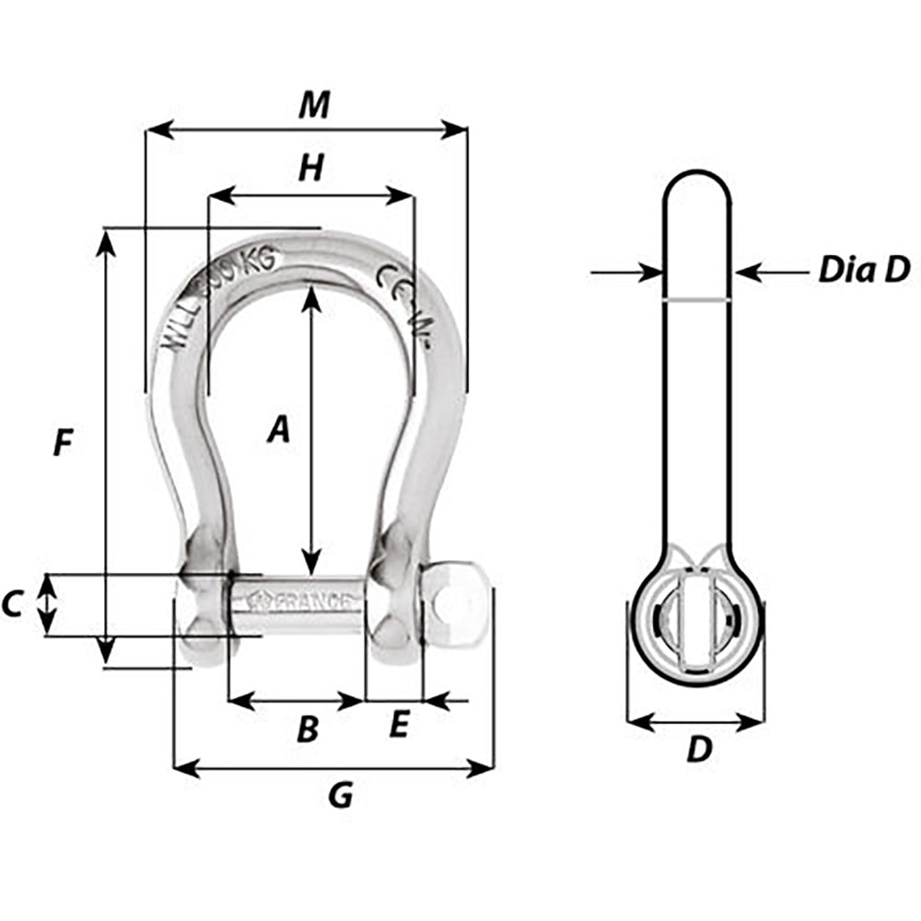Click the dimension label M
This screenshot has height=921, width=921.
(313, 106)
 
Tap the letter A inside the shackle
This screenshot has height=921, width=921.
(278, 429)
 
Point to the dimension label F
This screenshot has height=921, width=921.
(62, 444)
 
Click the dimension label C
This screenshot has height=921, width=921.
(12, 605)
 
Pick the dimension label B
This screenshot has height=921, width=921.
(308, 729)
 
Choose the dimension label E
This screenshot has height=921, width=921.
(398, 726)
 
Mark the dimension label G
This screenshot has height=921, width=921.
(341, 795)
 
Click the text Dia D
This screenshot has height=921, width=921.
(863, 270)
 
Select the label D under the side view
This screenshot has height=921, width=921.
(700, 750)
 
